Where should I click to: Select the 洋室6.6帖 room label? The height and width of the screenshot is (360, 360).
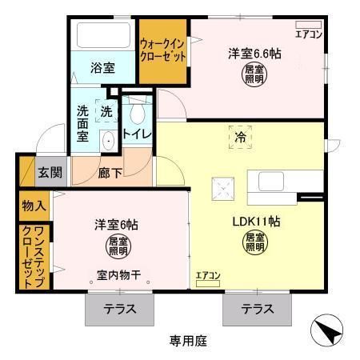point(254,54)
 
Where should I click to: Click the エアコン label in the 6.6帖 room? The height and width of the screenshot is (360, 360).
point(308,34)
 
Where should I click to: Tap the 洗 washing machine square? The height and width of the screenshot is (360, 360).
point(106,110)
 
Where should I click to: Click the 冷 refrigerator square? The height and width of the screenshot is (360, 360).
point(238,136)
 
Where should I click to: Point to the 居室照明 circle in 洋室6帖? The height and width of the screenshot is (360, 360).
point(117,245)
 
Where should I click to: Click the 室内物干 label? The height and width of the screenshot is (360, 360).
point(118,276)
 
